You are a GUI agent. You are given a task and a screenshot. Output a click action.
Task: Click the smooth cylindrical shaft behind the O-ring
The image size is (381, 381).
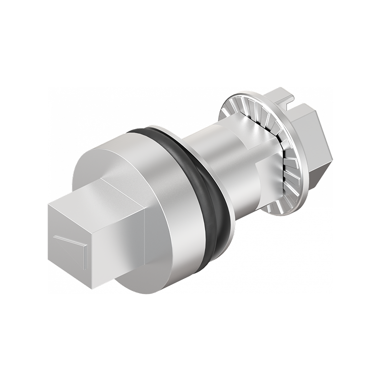210,143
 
